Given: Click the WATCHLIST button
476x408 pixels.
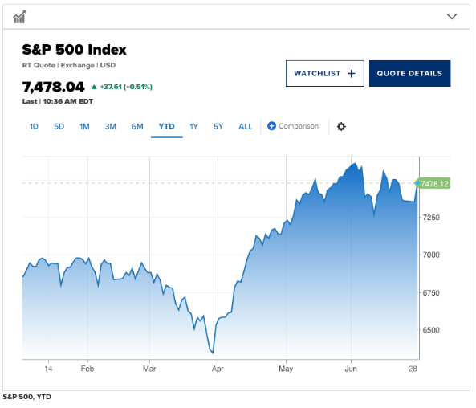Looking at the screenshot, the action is (324, 74).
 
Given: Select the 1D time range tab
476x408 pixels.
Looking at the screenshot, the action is (34, 126).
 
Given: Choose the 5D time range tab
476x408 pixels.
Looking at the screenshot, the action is (59, 126).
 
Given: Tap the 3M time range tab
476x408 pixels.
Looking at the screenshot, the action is (111, 126).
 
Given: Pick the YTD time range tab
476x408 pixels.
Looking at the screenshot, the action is (167, 126).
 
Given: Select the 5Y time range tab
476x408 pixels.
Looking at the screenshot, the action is (218, 126).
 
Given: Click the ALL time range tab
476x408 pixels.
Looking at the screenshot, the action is (246, 126).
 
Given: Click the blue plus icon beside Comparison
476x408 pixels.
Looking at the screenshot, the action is (271, 126).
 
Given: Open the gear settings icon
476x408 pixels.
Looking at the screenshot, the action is (341, 126).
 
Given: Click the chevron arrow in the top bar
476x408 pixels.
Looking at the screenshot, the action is (452, 16).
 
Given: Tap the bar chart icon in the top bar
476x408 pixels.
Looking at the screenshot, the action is (19, 17).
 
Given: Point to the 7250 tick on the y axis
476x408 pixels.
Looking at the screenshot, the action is (431, 218).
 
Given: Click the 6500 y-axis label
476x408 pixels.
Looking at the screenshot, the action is (431, 330).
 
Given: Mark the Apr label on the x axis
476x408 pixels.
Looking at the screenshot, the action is (218, 369).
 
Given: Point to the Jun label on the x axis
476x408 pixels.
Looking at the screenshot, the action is (351, 369).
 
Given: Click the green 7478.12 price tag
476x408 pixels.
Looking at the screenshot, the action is (433, 183).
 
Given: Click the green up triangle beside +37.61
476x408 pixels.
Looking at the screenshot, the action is (94, 87).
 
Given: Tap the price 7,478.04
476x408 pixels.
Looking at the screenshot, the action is (54, 87).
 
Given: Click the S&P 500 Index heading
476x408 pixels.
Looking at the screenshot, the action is (74, 50).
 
